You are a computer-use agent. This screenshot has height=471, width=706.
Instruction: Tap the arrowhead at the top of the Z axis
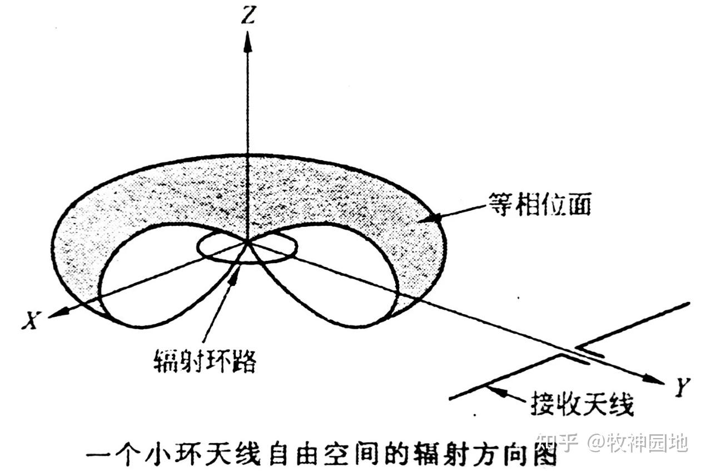point(248,42)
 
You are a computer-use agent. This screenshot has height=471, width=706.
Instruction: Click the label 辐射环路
point(204,361)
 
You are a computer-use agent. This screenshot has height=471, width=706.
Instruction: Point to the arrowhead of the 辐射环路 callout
point(235,276)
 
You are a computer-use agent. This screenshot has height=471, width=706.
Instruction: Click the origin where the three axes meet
point(247,242)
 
